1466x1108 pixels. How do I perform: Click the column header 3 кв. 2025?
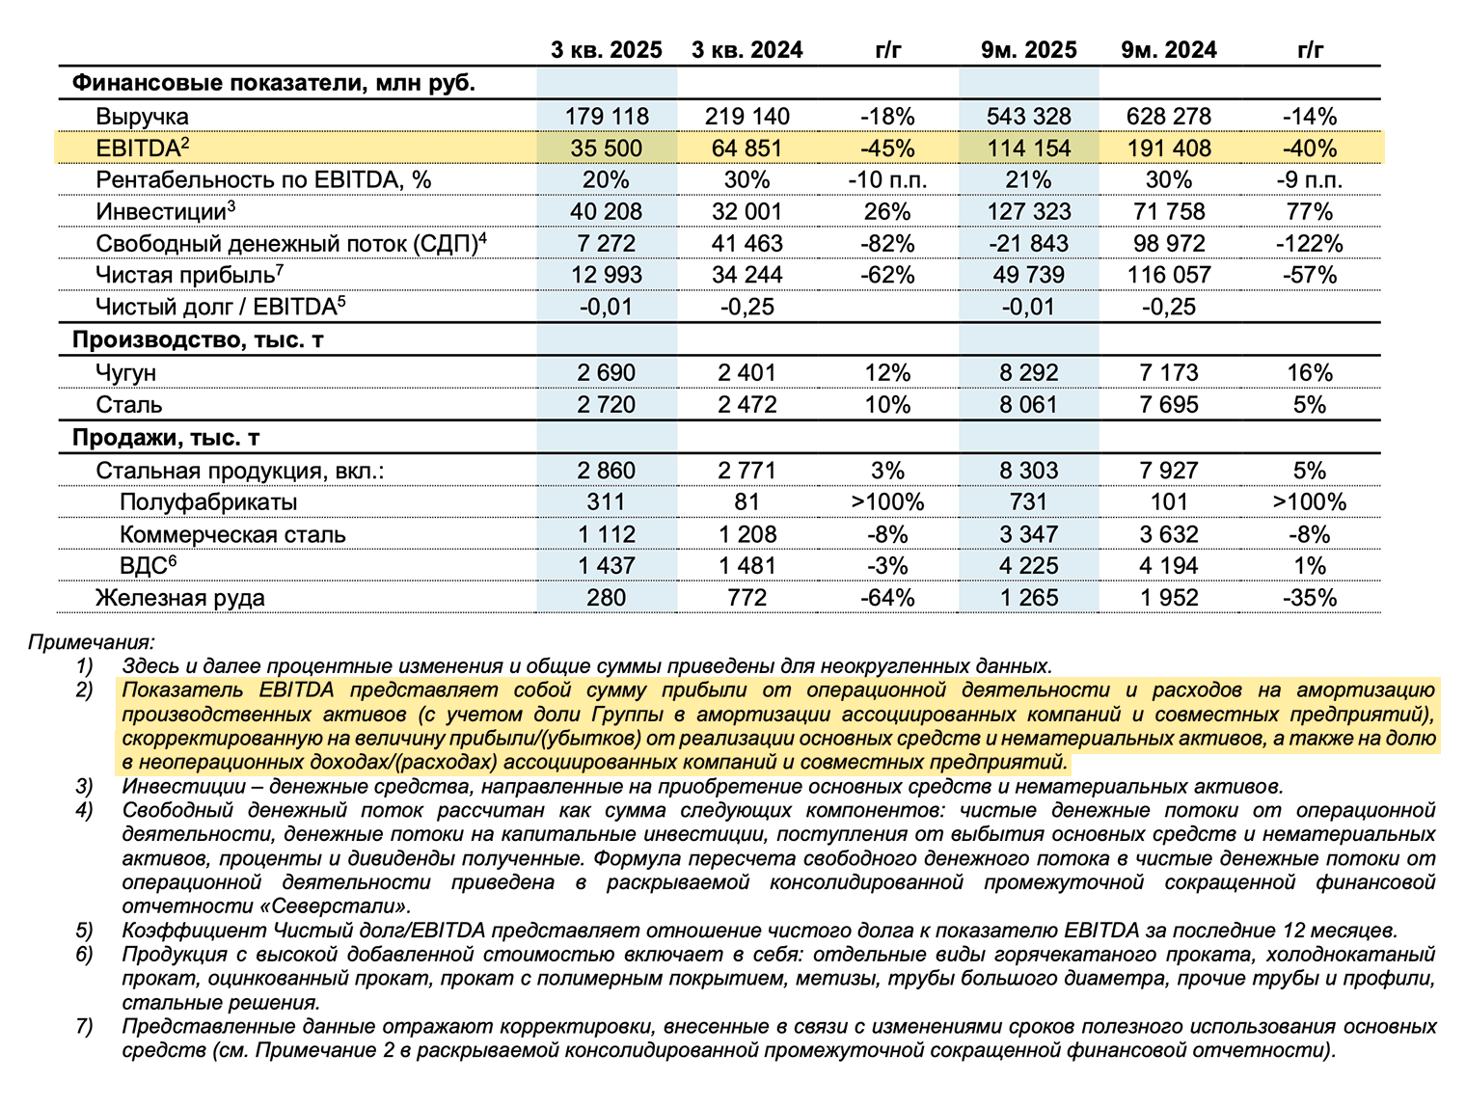[x=606, y=50]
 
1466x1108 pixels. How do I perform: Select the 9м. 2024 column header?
[x=1168, y=50]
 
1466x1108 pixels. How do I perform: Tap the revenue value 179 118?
[x=606, y=117]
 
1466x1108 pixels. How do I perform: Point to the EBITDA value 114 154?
[x=1028, y=149]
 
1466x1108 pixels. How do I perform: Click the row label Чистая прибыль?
[x=184, y=276]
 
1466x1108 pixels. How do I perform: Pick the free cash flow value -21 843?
[x=1028, y=244]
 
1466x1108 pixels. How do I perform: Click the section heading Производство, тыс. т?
[x=198, y=340]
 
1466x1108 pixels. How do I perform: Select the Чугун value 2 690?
[x=606, y=373]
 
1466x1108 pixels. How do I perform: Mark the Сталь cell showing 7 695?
[x=1168, y=405]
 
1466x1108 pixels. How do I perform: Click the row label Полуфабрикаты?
[x=208, y=502]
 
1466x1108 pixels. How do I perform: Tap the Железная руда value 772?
[x=747, y=598]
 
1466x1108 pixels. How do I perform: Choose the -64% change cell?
[x=887, y=598]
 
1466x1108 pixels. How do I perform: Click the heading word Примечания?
[x=91, y=642]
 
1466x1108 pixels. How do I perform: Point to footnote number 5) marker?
[x=85, y=931]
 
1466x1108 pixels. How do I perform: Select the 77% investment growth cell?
[x=1309, y=212]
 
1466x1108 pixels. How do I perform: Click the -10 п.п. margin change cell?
[x=887, y=180]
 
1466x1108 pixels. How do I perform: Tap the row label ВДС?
[x=143, y=566]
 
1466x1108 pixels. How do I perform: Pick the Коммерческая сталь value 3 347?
[x=1028, y=534]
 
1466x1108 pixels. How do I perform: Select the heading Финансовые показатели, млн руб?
[x=273, y=83]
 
